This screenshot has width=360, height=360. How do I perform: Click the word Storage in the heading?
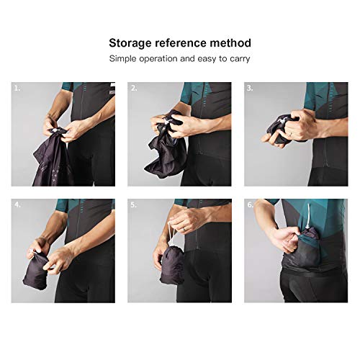(x=130, y=44)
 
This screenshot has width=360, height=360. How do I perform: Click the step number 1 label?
(x=17, y=89)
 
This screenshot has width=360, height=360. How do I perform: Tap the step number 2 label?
(x=134, y=89)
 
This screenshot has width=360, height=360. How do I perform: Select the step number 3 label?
(x=250, y=89)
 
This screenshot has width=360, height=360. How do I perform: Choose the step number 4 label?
(x=17, y=204)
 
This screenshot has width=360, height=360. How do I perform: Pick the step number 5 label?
(x=133, y=205)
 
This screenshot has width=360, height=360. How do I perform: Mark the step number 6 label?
(x=251, y=204)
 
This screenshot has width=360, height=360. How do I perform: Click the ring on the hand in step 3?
(x=291, y=135)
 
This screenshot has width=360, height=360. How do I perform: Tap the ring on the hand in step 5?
(x=184, y=230)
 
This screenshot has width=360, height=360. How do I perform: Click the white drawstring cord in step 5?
(x=171, y=233)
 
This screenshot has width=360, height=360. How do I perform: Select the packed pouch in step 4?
(x=35, y=271)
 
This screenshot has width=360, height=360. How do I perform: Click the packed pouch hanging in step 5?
(x=172, y=265)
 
